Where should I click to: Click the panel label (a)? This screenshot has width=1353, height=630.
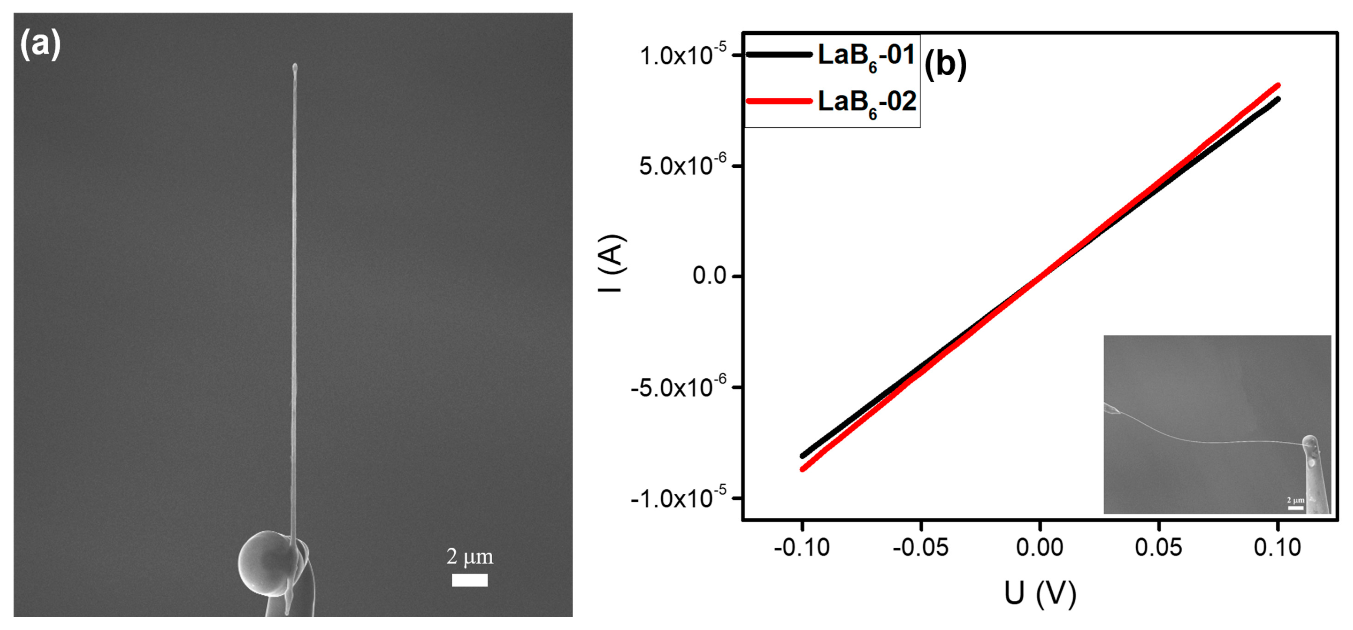40,44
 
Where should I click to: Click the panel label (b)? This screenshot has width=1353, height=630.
945,65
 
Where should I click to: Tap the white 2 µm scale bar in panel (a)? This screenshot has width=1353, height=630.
470,580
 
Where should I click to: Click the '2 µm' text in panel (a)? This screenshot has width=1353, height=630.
470,557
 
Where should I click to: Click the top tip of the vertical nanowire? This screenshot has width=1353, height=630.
295,67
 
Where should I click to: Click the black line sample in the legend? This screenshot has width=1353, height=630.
779,54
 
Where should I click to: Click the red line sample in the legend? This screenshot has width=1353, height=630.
779,101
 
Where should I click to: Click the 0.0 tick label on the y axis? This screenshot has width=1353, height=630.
709,276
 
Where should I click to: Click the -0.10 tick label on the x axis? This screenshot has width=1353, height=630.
802,548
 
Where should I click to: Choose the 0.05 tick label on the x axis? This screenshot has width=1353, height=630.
1159,548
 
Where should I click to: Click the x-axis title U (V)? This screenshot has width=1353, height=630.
1040,594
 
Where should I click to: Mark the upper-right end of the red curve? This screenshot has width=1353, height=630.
1277,85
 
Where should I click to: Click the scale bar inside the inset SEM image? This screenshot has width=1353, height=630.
1296,508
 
